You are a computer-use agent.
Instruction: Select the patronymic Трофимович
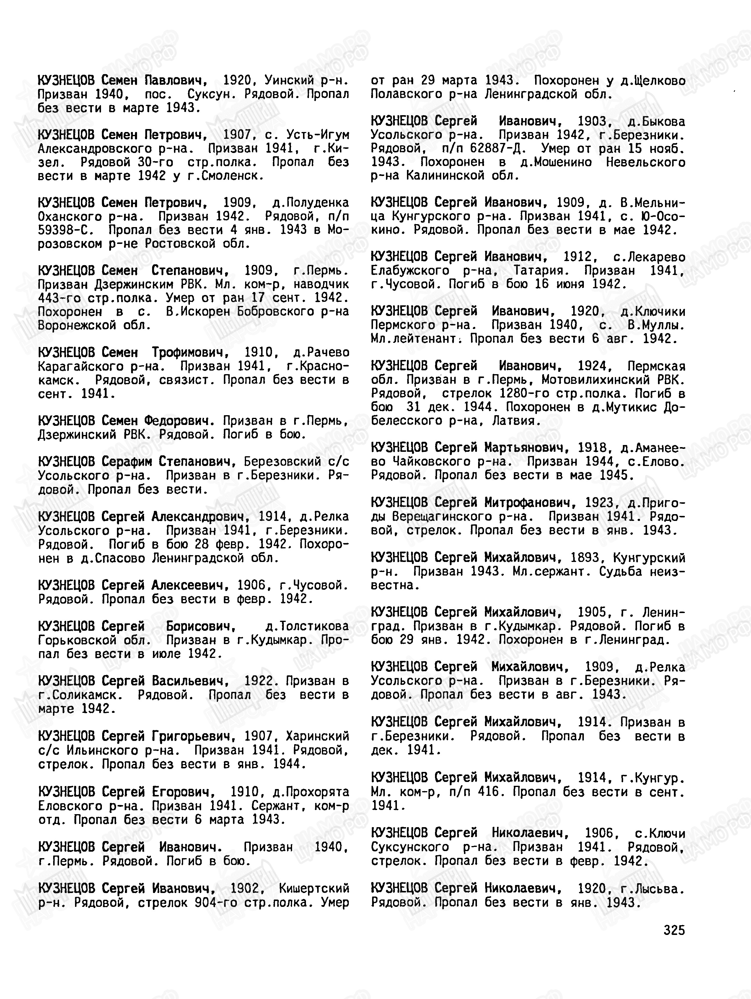coord(190,352)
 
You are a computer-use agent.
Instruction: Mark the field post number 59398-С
coord(66,230)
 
